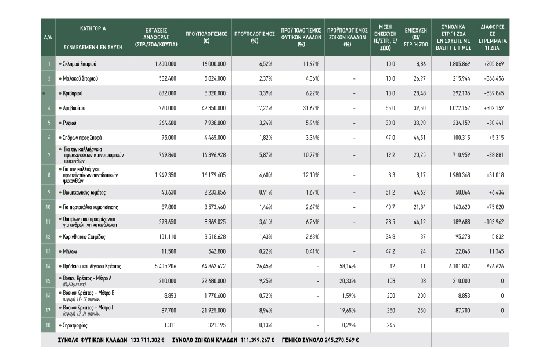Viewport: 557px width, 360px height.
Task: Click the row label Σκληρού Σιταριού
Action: coord(79,64)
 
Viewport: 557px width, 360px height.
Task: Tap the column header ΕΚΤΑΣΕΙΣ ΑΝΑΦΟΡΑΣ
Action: coord(156,37)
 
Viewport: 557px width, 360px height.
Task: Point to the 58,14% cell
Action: coord(348,266)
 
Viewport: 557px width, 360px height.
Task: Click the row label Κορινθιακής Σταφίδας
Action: coord(84,237)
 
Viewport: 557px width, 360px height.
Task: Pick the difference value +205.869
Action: coord(493,64)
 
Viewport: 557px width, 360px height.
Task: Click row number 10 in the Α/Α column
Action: coord(48,207)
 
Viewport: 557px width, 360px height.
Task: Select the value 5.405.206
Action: coord(165,266)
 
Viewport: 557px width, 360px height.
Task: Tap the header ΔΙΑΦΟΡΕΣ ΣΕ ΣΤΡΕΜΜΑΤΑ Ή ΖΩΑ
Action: coord(493,37)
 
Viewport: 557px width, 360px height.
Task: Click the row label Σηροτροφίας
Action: coord(75,325)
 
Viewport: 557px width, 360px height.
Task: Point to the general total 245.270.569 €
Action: coord(342,340)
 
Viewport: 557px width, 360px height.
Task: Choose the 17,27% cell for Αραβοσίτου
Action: coord(265,108)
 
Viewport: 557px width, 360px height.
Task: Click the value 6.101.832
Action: coord(460,266)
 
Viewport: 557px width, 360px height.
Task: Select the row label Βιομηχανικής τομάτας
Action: coord(84,193)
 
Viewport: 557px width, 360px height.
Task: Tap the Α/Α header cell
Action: coord(48,37)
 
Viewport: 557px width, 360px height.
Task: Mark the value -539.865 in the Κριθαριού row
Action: coord(494,93)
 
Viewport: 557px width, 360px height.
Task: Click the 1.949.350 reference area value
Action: coord(165,175)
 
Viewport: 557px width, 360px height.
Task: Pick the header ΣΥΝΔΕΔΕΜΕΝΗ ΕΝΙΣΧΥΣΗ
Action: coord(93,47)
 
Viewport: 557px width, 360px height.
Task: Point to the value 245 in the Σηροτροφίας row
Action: coord(390,325)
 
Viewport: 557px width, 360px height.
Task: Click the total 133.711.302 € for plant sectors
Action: coord(147,340)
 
